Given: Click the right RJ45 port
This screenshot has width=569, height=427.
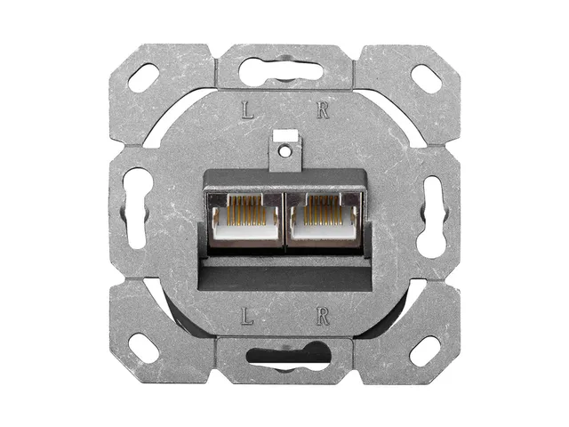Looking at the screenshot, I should (x=323, y=219).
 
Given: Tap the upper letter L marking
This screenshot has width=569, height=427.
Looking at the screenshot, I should (x=248, y=111).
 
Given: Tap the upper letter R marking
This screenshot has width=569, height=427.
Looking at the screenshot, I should (x=323, y=111).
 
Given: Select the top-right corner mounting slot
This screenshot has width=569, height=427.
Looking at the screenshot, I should (x=425, y=77).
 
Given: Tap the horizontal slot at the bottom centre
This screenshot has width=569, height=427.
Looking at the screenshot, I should (x=284, y=357).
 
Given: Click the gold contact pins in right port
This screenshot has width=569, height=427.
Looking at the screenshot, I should (x=323, y=208).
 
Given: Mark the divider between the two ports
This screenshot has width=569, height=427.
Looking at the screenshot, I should (x=284, y=219).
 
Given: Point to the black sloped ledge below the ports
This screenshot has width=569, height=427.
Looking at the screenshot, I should (x=284, y=267).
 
